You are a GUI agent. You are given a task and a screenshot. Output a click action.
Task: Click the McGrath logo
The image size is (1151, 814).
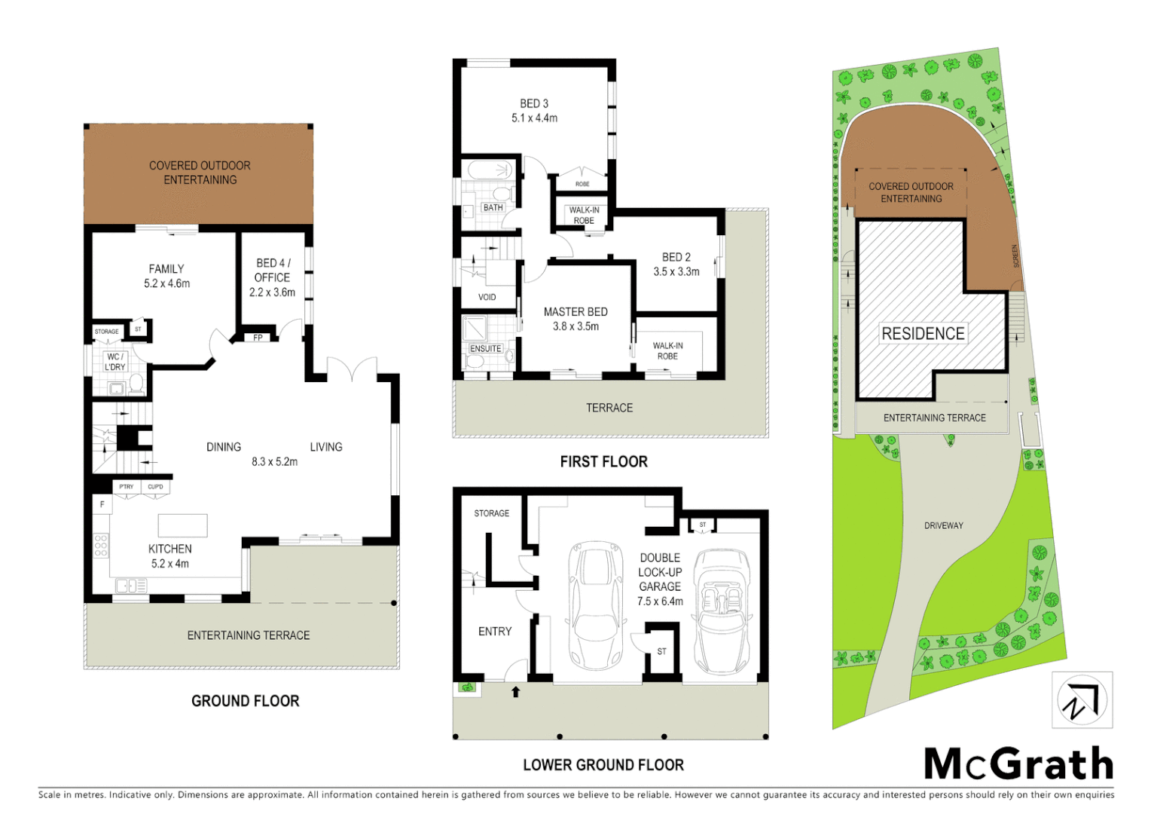1018,764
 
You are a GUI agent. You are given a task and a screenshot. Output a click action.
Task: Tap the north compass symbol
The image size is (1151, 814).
1082,700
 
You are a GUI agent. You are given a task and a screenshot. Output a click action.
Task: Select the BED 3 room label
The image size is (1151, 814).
534,104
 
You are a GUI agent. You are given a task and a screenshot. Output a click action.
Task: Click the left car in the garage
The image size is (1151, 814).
596,605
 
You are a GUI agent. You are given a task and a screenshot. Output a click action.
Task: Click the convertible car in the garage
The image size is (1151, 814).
721,610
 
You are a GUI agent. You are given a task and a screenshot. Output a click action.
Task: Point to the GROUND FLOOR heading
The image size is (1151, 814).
245,701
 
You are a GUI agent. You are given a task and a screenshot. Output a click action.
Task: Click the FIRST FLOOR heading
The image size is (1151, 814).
603,461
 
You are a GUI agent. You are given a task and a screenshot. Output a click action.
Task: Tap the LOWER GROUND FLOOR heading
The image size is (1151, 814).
603,765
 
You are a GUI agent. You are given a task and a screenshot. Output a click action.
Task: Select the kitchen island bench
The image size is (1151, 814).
182,525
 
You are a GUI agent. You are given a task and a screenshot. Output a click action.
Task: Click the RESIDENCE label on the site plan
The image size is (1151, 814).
923,333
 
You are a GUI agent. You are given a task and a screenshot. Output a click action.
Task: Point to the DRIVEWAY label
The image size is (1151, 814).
943,525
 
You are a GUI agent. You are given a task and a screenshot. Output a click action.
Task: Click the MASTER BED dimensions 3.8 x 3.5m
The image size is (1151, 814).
575,326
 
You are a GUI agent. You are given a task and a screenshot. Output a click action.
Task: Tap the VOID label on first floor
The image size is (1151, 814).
487,297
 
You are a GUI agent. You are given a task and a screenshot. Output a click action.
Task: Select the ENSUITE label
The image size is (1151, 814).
485,348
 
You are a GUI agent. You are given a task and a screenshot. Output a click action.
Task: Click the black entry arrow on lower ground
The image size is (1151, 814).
516,692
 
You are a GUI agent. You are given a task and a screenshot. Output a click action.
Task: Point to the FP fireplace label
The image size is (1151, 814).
258,338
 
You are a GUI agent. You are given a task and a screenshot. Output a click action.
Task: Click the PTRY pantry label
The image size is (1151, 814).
127,487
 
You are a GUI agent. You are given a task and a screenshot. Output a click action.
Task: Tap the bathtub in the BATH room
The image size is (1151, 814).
486,170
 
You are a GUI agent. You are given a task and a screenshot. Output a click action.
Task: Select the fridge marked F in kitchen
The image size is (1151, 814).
102,504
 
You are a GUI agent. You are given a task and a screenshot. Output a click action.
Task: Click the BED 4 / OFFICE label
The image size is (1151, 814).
273,270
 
